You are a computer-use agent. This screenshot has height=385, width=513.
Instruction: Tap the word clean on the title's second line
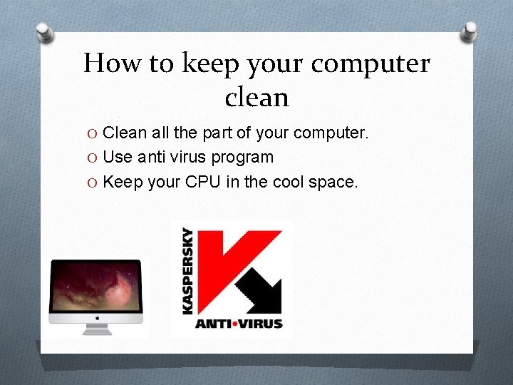[256, 98]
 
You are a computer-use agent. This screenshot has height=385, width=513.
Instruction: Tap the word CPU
[204, 182]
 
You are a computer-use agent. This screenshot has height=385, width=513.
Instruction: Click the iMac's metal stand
[95, 329]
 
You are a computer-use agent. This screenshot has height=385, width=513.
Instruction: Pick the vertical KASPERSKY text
[187, 270]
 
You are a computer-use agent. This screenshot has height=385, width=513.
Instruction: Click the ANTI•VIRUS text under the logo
[239, 323]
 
